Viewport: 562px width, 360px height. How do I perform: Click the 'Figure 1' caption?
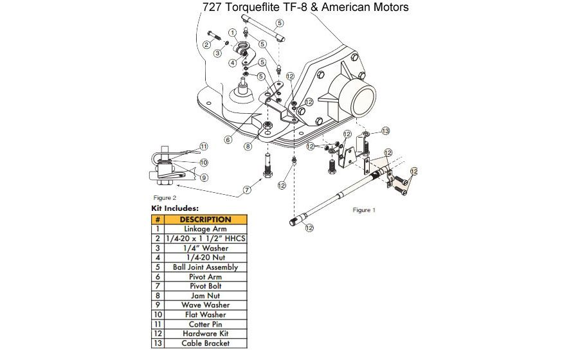(x=363, y=210)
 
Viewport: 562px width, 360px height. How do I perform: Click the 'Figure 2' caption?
(x=165, y=198)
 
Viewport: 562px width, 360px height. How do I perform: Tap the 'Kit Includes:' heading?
(x=175, y=208)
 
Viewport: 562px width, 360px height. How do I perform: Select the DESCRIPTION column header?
(x=206, y=219)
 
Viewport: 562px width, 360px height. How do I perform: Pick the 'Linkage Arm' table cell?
(x=205, y=228)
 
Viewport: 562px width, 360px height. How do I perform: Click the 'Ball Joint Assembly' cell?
(x=205, y=267)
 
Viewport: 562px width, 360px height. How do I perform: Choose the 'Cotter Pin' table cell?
(x=205, y=324)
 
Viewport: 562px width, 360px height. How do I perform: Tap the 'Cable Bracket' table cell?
(x=205, y=343)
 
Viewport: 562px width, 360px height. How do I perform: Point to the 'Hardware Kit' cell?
(x=205, y=334)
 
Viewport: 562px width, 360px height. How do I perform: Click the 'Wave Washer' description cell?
(x=205, y=305)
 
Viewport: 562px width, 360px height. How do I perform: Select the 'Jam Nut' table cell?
(x=205, y=295)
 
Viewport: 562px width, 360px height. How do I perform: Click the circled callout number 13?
(x=386, y=130)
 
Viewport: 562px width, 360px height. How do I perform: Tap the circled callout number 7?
(x=247, y=190)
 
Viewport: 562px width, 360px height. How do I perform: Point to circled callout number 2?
(x=206, y=44)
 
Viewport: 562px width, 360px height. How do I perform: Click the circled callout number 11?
(x=204, y=146)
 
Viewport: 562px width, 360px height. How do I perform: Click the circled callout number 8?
(x=248, y=146)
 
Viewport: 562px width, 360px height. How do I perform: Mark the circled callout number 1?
(x=233, y=32)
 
